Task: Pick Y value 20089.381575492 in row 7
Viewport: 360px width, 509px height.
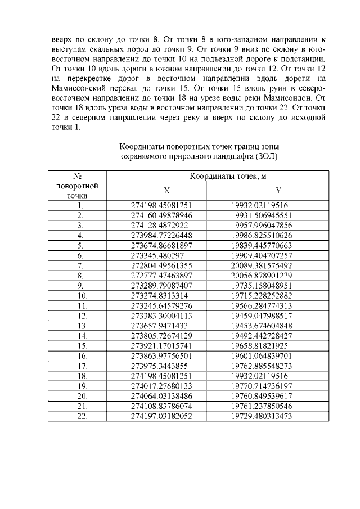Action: tap(262, 265)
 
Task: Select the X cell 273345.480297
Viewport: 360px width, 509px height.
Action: tap(157, 255)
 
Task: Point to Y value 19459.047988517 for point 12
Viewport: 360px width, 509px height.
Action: tap(262, 316)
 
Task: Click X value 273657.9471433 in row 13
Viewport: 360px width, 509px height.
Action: tap(157, 325)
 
